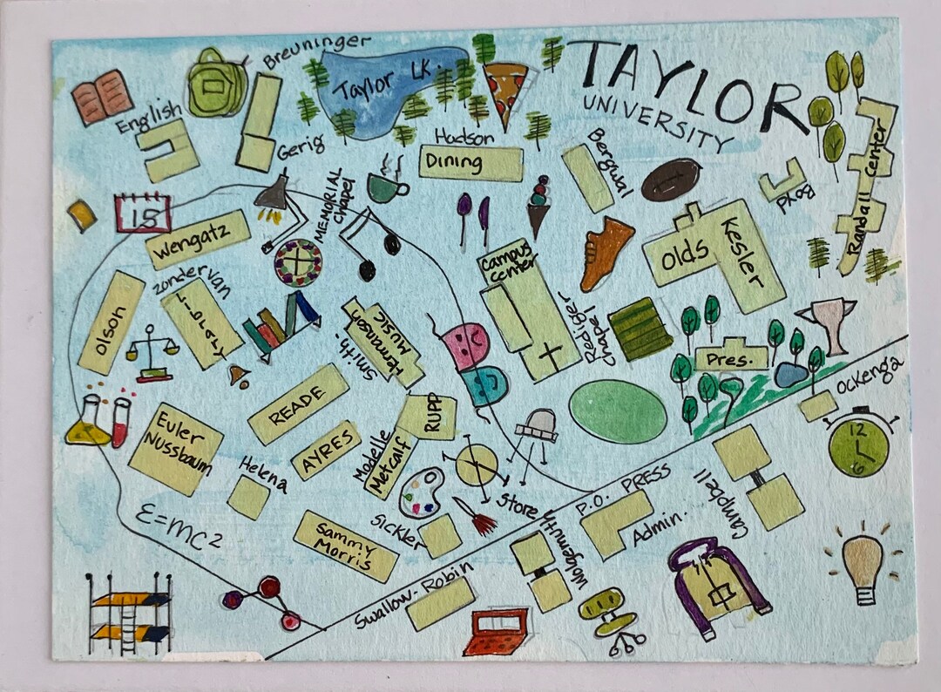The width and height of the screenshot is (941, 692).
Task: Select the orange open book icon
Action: pos(102,97)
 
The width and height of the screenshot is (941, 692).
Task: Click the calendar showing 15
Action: pos(142,213)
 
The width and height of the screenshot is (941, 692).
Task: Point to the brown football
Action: pos(671,179)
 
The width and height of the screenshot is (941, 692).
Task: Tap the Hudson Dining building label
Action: pos(470,162)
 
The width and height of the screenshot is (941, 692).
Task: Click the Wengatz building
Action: pos(198,238)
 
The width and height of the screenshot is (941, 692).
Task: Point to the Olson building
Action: pos(111,322)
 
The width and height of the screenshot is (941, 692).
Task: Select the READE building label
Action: pos(298,404)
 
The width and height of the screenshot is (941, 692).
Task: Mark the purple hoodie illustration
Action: pos(718,580)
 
